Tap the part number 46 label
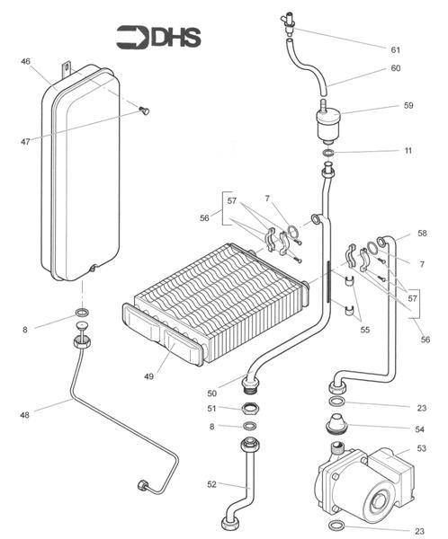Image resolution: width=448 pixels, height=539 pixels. pos(25,61)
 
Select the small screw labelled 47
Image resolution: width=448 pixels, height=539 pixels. pos(145,110)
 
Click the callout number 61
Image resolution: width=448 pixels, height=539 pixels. pos(395,49)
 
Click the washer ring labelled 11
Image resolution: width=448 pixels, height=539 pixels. pos(328,153)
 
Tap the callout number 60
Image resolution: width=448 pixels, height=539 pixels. pos(396,68)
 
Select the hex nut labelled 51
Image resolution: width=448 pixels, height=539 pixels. pos(250,409)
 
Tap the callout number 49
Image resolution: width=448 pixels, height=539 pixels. pos(148,376)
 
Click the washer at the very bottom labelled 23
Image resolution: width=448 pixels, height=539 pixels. pos(336,526)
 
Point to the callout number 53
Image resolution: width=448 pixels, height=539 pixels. pos(422,448)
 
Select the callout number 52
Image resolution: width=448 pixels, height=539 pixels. pos(211,484)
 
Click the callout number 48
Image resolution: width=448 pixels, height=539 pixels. pos(25,415)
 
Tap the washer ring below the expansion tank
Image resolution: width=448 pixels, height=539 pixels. pos(82,313)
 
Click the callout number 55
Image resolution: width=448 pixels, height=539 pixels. pos(365,330)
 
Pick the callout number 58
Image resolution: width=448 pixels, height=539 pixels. pos(422,233)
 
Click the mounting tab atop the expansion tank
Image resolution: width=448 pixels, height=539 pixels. pos(66,69)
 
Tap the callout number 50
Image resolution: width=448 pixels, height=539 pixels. pos(212,393)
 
